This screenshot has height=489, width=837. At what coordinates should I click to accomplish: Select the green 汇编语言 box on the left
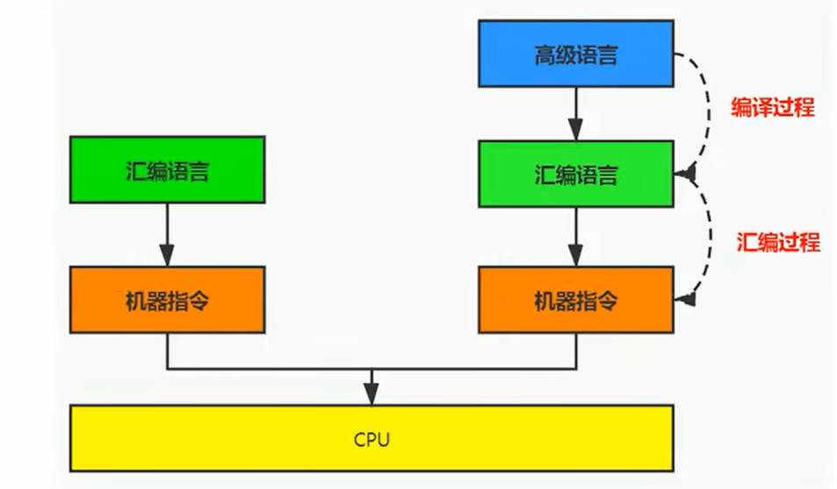pos(167,169)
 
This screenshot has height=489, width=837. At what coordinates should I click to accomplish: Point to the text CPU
pos(372,437)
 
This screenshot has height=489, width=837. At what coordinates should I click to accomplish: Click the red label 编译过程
pos(773,108)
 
